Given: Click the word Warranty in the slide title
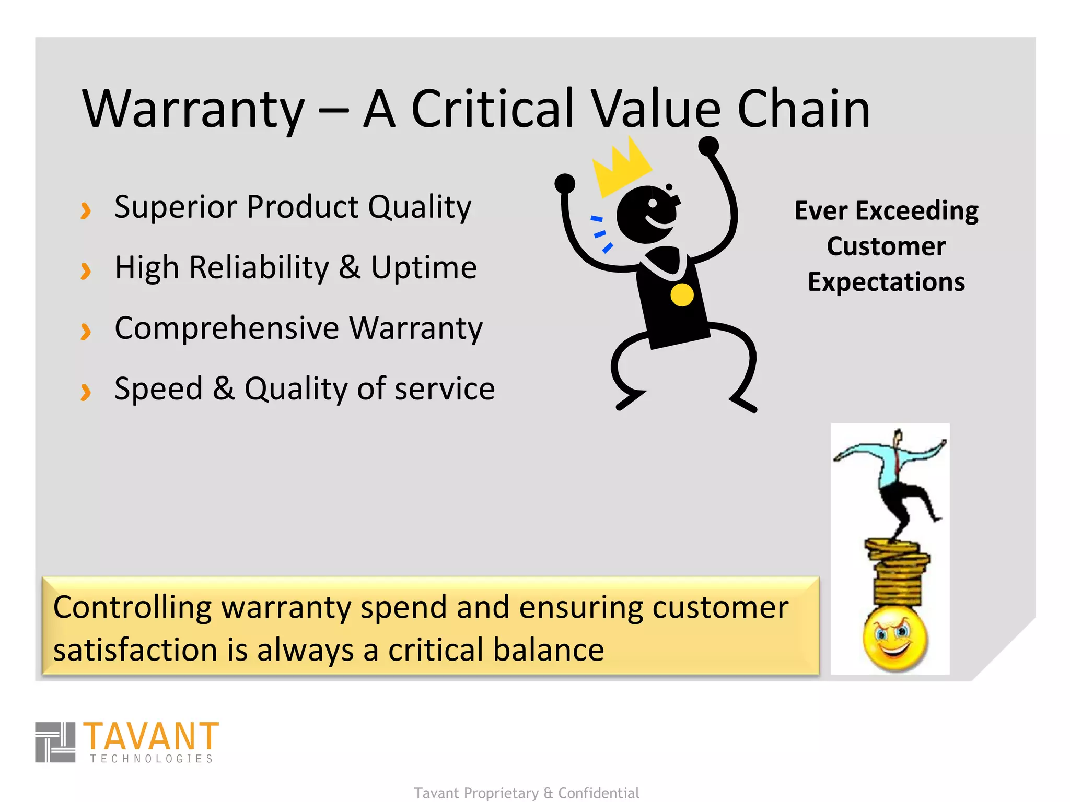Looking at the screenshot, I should click(193, 110).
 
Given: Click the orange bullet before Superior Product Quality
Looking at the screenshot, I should click(86, 210).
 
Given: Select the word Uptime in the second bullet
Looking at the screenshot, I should click(424, 268).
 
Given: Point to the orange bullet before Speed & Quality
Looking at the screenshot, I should click(86, 392).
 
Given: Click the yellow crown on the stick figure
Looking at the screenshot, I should click(621, 167).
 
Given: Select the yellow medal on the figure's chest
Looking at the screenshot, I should click(682, 295).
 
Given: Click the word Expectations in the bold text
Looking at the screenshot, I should click(886, 282).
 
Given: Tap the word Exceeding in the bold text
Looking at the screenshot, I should click(917, 211).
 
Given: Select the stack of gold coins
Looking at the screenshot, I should click(897, 572).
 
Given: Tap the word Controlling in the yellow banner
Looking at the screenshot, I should click(132, 607).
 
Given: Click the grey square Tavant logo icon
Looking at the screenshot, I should click(55, 742).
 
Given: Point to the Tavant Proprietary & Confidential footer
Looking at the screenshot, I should click(526, 793).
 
